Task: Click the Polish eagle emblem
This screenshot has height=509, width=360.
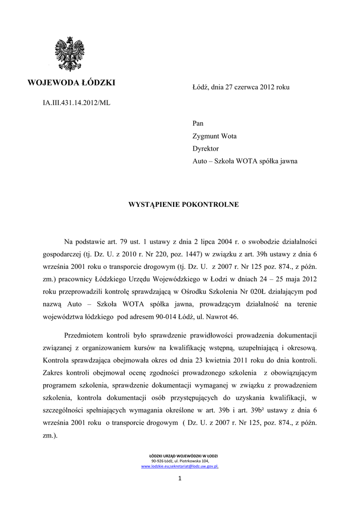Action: tap(69, 54)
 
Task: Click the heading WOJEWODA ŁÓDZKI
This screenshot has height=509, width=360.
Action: tap(72, 83)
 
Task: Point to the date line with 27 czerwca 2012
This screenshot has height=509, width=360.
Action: tap(241, 87)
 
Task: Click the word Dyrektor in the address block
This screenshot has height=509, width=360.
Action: tap(205, 148)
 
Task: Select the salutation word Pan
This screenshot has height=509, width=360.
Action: tap(198, 123)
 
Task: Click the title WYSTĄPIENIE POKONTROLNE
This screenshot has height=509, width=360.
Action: tap(184, 204)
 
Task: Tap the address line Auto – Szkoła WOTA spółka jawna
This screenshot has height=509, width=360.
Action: tap(245, 161)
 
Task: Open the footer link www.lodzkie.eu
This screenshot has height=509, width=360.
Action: tap(155, 467)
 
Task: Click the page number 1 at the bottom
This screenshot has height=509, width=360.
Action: tap(180, 479)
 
